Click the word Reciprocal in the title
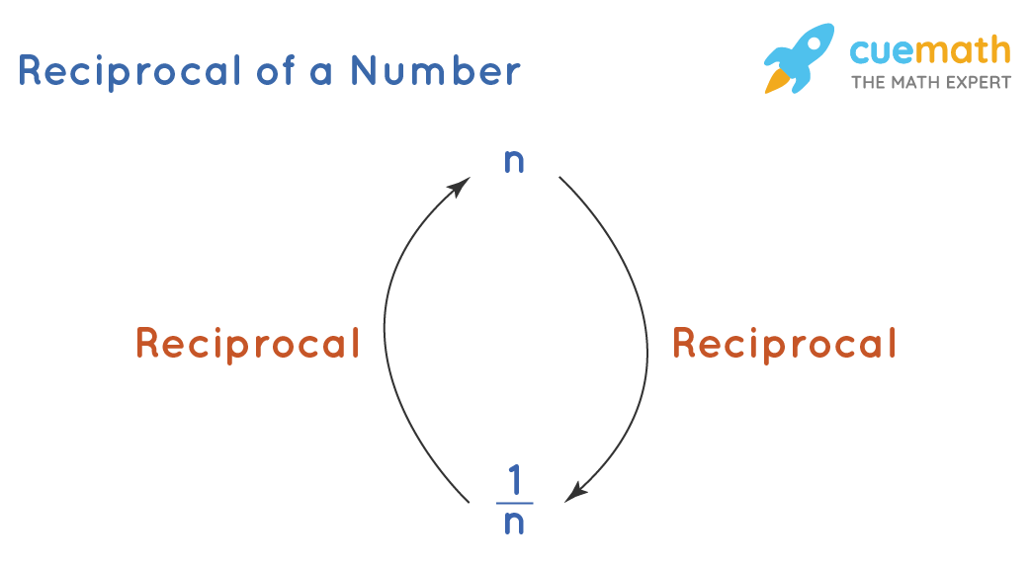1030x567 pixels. pyautogui.click(x=129, y=72)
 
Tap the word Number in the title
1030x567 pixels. pyautogui.click(x=436, y=72)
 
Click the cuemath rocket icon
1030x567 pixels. pyautogui.click(x=799, y=58)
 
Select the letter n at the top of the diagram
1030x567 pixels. pyautogui.click(x=514, y=162)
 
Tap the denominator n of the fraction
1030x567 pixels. pyautogui.click(x=514, y=524)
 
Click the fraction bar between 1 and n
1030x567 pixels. pyautogui.click(x=514, y=504)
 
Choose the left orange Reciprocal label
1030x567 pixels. pyautogui.click(x=247, y=344)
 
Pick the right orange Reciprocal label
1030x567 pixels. pyautogui.click(x=784, y=344)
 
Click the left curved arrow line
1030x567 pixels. pyautogui.click(x=386, y=336)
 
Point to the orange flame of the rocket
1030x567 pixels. pyautogui.click(x=774, y=81)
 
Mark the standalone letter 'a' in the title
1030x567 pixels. pyautogui.click(x=320, y=74)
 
